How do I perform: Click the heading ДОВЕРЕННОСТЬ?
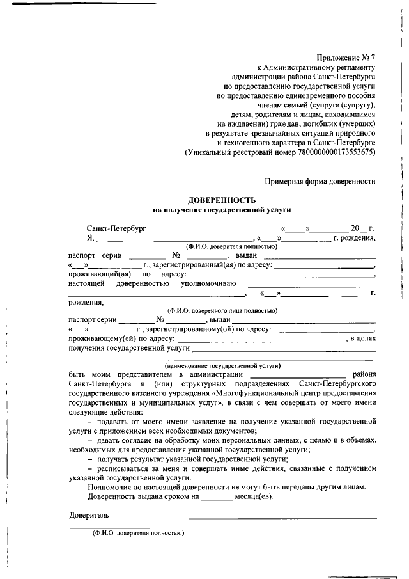[x=221, y=200]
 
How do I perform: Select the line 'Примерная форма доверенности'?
[x=320, y=181]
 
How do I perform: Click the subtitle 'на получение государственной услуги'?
[x=221, y=209]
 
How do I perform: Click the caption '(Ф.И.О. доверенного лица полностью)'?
[x=222, y=310]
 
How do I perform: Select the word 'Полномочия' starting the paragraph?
[x=109, y=488]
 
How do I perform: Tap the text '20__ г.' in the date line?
[x=362, y=228]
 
